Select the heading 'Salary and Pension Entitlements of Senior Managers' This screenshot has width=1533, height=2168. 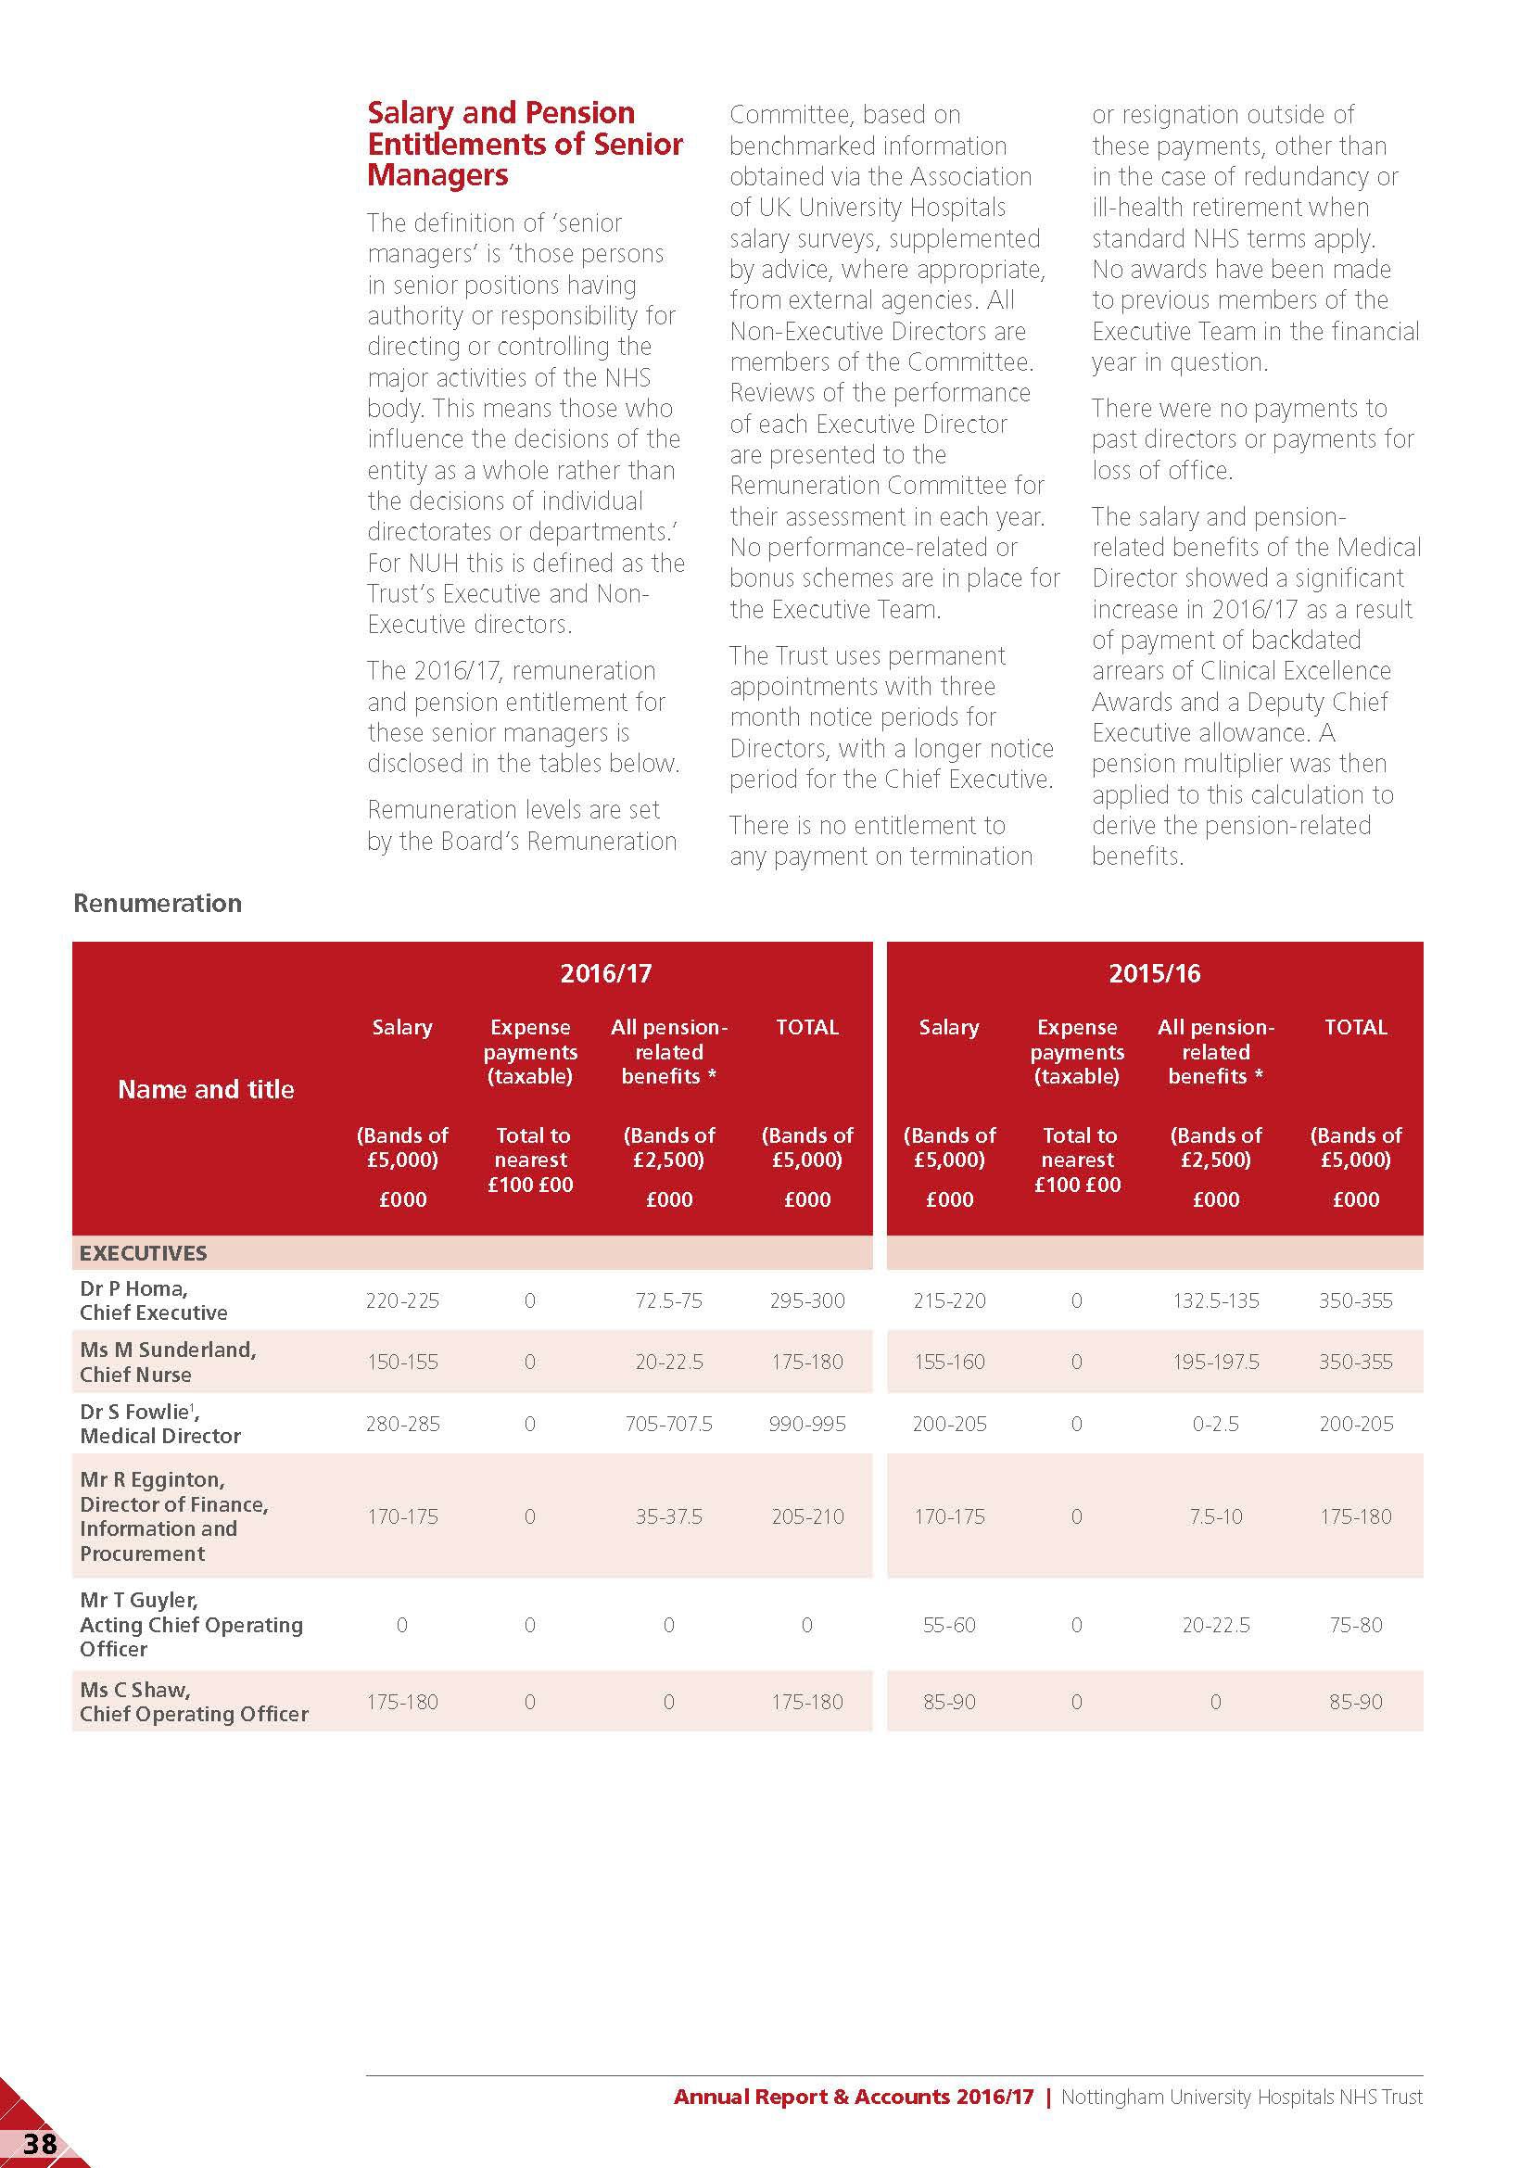[x=524, y=144]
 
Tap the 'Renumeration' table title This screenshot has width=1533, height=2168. [x=158, y=904]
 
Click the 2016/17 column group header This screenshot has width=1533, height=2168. [x=606, y=973]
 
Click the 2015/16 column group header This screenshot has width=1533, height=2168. [x=1154, y=973]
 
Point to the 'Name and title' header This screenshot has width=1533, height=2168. [x=206, y=1090]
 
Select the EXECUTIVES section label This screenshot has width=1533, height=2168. [x=143, y=1253]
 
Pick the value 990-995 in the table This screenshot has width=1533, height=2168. [x=807, y=1424]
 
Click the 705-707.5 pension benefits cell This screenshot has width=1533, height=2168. [x=668, y=1424]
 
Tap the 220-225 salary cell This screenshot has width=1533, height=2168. [x=402, y=1301]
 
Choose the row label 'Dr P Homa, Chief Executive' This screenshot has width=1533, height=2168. [x=153, y=1300]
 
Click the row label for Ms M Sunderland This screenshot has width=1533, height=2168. [x=167, y=1362]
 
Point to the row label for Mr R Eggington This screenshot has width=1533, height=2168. [x=173, y=1515]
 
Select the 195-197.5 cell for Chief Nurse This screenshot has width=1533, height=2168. [x=1216, y=1363]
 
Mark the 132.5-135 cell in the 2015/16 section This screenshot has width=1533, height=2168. [x=1216, y=1301]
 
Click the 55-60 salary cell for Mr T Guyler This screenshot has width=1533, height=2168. [x=949, y=1625]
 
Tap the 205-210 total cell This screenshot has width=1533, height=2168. [x=807, y=1516]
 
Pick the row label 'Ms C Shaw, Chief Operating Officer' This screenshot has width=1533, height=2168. [x=194, y=1702]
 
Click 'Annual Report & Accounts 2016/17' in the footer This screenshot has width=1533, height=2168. [x=854, y=2098]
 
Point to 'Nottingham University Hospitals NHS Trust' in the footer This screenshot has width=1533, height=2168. [x=1241, y=2098]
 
